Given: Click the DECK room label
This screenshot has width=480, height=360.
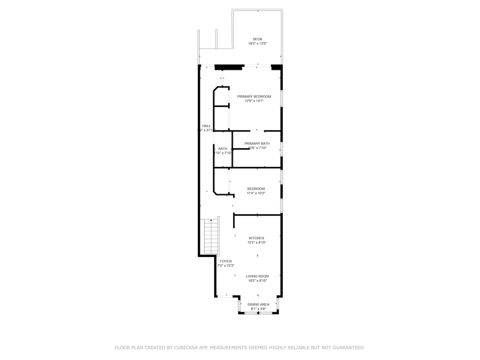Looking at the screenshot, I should [257, 39].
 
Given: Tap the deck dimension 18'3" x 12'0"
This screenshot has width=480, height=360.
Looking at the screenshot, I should [257, 44].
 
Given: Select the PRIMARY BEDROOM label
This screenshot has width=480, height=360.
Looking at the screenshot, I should [254, 97].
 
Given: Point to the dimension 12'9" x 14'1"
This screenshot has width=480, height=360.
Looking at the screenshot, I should [254, 101].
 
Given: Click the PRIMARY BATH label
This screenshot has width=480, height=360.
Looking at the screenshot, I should [257, 144].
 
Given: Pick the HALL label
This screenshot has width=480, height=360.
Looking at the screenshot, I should [206, 126].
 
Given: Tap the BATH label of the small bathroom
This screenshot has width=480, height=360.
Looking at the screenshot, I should [223, 149].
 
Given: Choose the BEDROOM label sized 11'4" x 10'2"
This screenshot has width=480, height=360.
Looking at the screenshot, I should [256, 189].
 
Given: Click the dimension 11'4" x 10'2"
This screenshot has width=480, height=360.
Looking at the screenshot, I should [256, 193].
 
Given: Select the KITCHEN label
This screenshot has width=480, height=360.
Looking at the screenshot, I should [256, 238].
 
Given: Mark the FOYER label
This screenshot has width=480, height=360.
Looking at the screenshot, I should [226, 261].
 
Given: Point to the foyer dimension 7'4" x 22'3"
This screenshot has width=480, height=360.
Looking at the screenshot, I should [226, 266].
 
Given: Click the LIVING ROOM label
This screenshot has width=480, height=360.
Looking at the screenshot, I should [257, 276].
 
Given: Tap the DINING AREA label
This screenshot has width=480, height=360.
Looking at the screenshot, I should [258, 305].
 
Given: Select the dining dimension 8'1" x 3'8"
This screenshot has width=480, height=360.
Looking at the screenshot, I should [258, 309].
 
